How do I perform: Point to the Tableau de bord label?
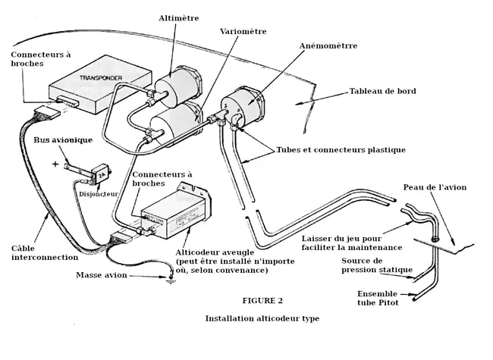tap(382, 92)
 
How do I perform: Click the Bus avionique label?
tap(62, 141)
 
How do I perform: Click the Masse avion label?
tap(101, 275)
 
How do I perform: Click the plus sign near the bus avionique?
tap(55, 163)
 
